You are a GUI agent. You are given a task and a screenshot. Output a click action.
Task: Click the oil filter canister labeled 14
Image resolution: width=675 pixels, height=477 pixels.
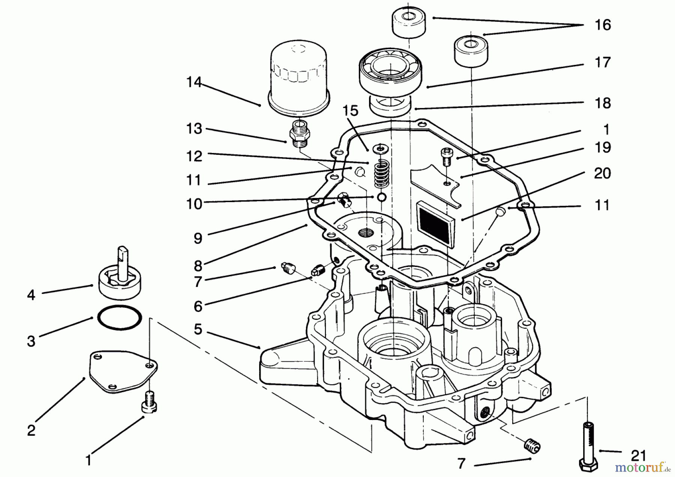[x=299, y=77]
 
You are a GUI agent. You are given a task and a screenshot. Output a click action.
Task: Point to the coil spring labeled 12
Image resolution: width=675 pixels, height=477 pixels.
[x=381, y=173]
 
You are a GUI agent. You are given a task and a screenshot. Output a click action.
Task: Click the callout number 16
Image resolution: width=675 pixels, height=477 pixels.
[x=603, y=25]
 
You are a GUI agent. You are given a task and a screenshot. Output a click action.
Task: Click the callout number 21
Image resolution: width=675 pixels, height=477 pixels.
[x=638, y=456]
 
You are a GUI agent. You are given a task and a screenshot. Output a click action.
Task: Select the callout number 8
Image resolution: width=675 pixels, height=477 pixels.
[x=198, y=265]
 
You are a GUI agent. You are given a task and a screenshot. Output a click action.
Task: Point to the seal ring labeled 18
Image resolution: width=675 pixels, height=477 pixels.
[x=390, y=105]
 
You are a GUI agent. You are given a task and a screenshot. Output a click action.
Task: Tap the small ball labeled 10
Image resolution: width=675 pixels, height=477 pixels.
[x=381, y=197]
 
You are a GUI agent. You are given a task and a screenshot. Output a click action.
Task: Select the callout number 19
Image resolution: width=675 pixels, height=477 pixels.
[x=603, y=147]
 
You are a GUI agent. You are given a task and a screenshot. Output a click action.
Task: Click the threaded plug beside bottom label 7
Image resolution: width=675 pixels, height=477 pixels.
[x=531, y=445]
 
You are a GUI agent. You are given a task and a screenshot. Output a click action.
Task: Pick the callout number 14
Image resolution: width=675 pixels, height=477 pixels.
[x=194, y=82]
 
